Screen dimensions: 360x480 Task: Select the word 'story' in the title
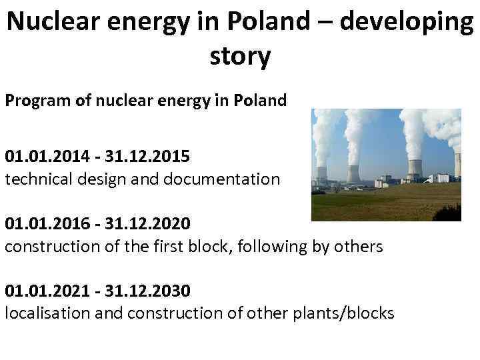(240, 57)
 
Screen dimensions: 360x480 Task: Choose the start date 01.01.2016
(45, 224)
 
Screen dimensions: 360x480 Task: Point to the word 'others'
(358, 247)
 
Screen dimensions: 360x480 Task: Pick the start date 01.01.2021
(45, 291)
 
